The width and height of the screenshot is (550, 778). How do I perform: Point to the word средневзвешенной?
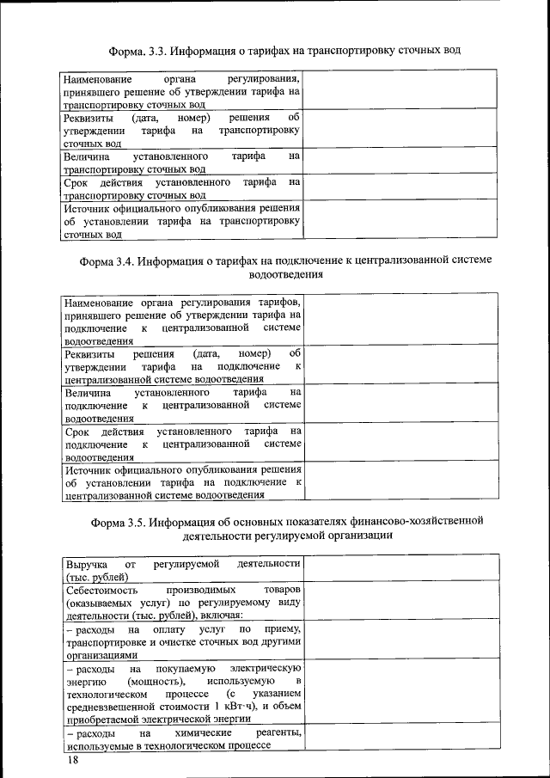pyautogui.click(x=109, y=705)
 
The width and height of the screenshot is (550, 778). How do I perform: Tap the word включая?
pyautogui.click(x=222, y=616)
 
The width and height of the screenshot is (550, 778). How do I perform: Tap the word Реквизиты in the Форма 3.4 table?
pyautogui.click(x=89, y=354)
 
